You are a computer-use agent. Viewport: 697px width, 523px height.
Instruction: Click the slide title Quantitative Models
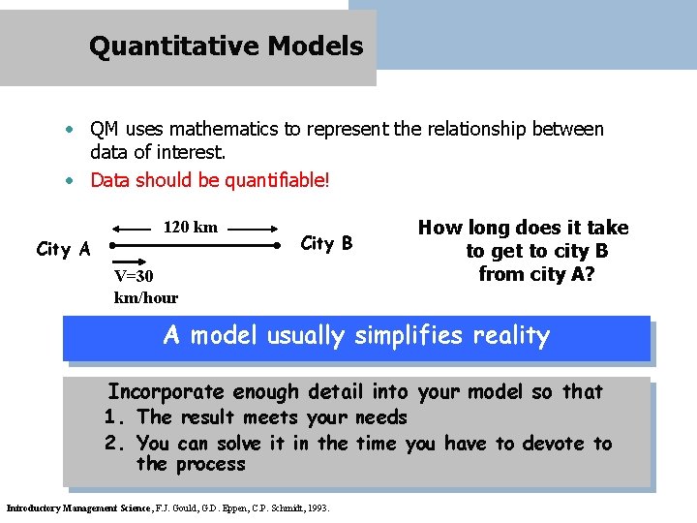pyautogui.click(x=226, y=46)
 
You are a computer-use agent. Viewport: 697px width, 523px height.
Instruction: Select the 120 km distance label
pyautogui.click(x=191, y=228)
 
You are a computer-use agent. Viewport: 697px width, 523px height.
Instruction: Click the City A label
pyautogui.click(x=63, y=250)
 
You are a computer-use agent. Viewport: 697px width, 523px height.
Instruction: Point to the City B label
pyautogui.click(x=327, y=243)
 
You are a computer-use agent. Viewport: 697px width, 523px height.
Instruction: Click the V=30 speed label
pyautogui.click(x=134, y=277)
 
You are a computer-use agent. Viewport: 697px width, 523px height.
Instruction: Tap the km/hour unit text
pyautogui.click(x=146, y=297)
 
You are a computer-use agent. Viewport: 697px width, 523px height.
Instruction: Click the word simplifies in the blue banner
pyautogui.click(x=406, y=336)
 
